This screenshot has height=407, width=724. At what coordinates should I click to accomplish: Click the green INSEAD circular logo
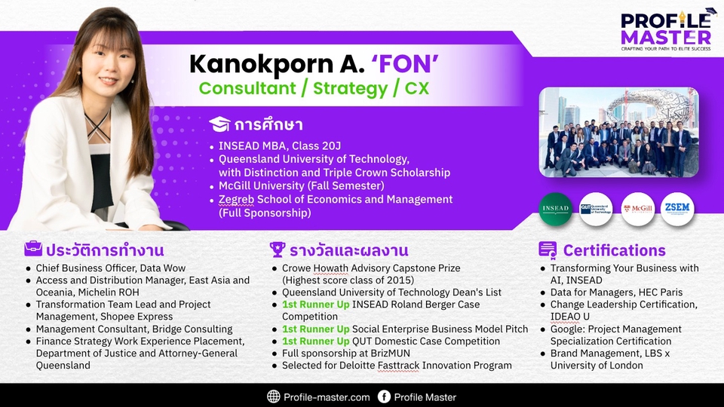click(555, 209)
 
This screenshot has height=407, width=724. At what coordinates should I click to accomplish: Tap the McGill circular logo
click(638, 209)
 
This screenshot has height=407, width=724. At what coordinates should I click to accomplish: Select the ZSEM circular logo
click(677, 209)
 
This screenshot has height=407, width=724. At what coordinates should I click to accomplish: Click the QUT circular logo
click(596, 209)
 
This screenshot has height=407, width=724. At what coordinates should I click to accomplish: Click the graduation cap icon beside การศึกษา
click(219, 124)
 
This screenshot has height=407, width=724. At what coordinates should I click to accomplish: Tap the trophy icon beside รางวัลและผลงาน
click(277, 249)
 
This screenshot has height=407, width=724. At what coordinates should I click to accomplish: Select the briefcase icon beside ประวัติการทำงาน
click(32, 249)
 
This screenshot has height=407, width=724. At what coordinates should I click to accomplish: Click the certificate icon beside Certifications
click(548, 249)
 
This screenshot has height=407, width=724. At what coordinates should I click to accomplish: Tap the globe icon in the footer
click(273, 396)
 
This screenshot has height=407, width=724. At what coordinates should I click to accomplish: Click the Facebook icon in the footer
click(384, 396)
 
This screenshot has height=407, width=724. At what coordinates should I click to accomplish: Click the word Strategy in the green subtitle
click(351, 89)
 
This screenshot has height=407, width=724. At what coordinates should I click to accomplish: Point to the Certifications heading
click(614, 250)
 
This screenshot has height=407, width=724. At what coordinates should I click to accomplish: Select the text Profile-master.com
click(327, 397)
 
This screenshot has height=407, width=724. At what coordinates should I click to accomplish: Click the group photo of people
click(618, 132)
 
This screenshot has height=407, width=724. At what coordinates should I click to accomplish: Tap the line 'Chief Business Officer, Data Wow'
click(111, 268)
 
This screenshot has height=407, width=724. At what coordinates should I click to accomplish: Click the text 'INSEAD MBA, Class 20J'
click(280, 145)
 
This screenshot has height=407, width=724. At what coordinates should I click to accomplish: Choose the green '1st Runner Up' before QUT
click(316, 341)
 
